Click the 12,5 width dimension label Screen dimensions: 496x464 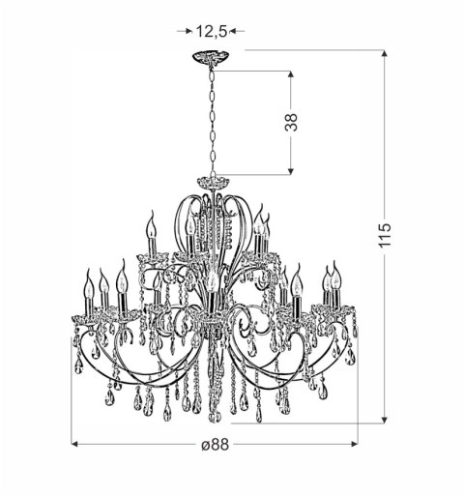pos(211,31)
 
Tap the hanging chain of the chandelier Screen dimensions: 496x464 pos(210,121)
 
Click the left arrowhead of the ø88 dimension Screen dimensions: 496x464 pos(77,445)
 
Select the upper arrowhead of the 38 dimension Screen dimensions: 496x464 pos(291,73)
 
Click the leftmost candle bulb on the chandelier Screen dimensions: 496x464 pos(87,283)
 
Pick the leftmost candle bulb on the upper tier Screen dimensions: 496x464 pos(150,228)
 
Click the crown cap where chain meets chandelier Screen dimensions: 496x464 pos(210,183)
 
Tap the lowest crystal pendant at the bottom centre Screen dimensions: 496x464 pos(216,416)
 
